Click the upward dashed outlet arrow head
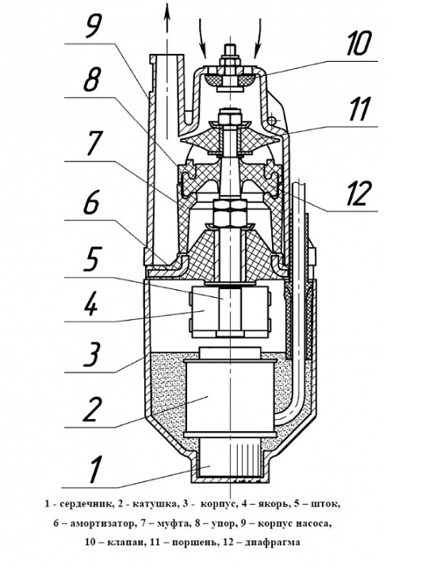pos(167,10)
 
